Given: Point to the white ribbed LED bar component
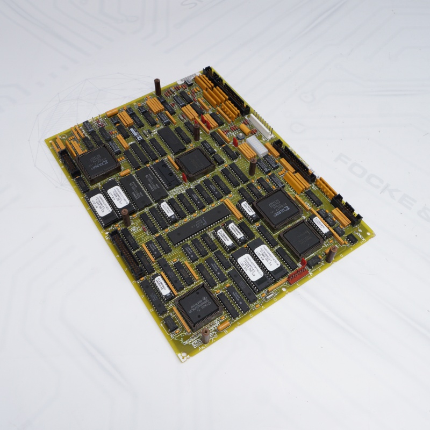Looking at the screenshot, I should click(257, 145).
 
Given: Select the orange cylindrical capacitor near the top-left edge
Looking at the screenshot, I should click(112, 113).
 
